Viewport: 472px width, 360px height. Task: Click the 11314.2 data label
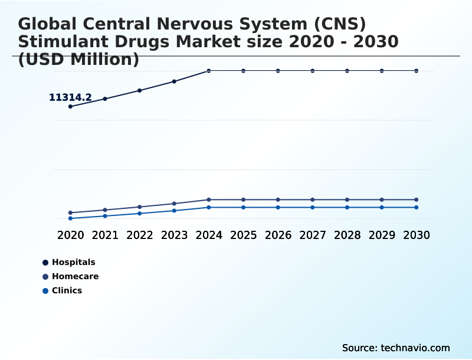click(x=70, y=97)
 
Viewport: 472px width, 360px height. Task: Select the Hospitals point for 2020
click(x=71, y=106)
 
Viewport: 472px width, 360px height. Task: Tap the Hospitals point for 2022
click(x=140, y=90)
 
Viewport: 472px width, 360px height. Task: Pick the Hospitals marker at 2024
click(x=209, y=71)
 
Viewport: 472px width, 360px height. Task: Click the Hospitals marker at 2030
click(x=417, y=71)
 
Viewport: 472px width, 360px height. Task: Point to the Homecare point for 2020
click(x=71, y=212)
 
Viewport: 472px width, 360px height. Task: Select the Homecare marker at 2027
click(x=313, y=199)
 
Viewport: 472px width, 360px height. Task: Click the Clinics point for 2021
click(x=105, y=216)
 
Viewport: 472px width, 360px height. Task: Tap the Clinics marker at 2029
click(x=382, y=207)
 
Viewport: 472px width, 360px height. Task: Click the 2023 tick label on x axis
click(x=174, y=235)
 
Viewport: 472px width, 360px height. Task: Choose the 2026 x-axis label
click(x=278, y=235)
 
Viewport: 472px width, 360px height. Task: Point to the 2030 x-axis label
click(x=417, y=235)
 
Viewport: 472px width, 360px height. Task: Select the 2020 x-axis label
click(x=71, y=235)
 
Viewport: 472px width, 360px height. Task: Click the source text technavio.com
click(x=415, y=348)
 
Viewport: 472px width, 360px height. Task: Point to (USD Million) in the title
click(x=78, y=59)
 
